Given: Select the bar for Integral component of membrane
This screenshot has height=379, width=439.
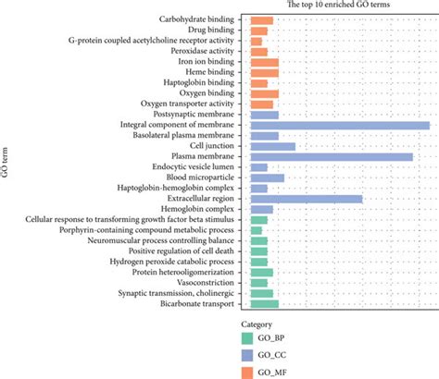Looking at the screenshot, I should click(340, 126).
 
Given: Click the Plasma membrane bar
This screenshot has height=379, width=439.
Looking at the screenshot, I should click(332, 157).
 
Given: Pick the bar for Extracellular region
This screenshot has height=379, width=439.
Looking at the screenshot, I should click(307, 199).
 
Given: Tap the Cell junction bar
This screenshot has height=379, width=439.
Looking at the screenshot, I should click(273, 146).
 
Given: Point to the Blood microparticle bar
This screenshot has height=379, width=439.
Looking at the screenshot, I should click(268, 177).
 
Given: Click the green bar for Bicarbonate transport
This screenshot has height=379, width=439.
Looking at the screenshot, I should click(265, 303).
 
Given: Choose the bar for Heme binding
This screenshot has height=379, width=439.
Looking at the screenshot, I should click(265, 73).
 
